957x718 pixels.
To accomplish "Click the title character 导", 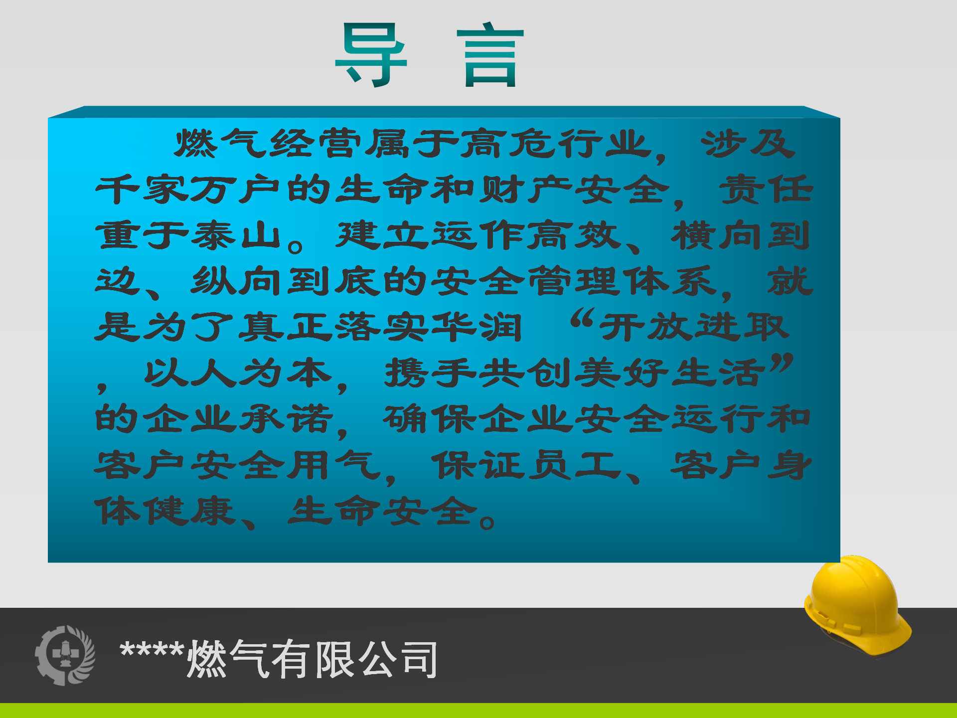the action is point(371,55).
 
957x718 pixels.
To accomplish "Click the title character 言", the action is point(490,55).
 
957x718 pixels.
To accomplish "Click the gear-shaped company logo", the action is point(65,655).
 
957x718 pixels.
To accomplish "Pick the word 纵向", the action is point(236,281).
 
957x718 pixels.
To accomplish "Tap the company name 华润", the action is point(477,327).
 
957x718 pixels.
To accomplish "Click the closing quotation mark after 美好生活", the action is point(781,362).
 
